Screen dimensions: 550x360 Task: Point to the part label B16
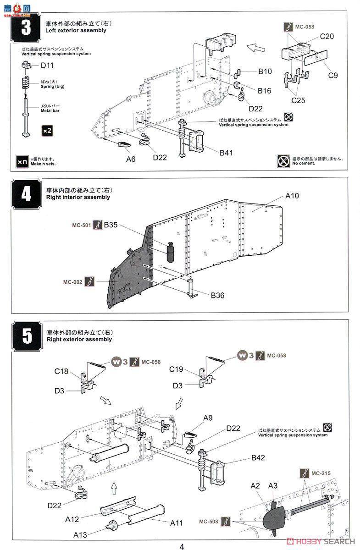click(264, 91)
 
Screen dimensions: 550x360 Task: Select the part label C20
click(327, 37)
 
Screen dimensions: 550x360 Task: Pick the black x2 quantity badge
click(47, 131)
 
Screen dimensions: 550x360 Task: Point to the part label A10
click(292, 196)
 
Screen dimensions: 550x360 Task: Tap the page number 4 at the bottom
click(182, 546)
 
